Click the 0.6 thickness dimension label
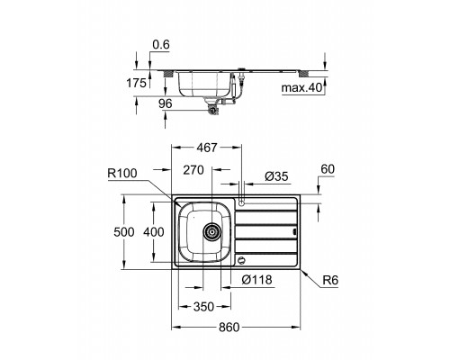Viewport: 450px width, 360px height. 161,45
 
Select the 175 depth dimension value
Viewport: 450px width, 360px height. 136,83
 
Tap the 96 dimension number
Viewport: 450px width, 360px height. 166,103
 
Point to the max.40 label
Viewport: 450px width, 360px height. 301,88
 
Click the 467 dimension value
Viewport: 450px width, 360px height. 206,148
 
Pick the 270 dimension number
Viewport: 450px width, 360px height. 193,170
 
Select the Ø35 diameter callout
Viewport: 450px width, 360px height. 276,176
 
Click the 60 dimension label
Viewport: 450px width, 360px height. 328,169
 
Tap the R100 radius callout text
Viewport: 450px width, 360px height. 122,174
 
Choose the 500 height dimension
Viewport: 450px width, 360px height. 124,232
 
